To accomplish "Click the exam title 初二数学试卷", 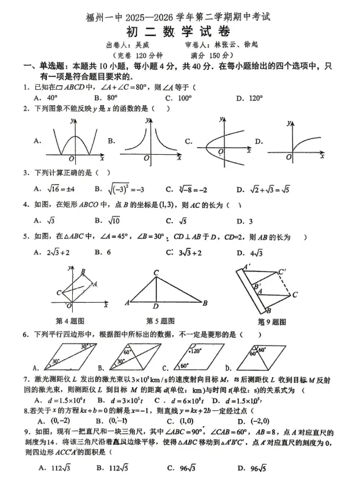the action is coord(180,32).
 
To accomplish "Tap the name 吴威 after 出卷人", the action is coord(141,46).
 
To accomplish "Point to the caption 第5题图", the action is coord(160,321).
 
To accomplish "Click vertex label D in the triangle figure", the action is coord(156,308).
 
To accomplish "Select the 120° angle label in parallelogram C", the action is coord(197,352).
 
